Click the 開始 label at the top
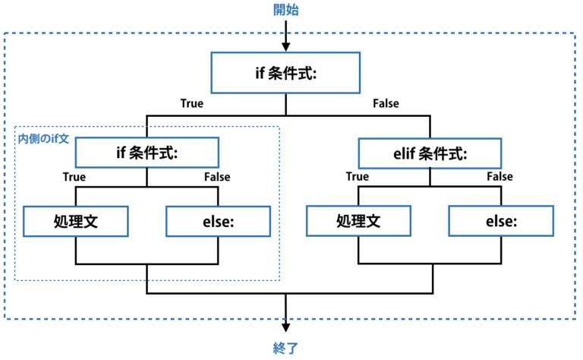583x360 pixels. tap(285, 10)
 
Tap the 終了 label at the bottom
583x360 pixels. tap(285, 348)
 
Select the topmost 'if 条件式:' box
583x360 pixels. tap(285, 72)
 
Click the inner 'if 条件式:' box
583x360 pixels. tap(147, 153)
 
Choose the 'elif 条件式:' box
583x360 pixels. tap(430, 153)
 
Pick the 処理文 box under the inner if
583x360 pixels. tap(76, 221)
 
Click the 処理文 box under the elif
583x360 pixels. tap(358, 221)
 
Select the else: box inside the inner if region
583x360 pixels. tap(219, 221)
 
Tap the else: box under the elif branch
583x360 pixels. tap(501, 221)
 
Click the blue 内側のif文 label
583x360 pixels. tap(43, 139)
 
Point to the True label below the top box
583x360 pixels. tap(192, 103)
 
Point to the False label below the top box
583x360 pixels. tap(386, 103)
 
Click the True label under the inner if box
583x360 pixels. tap(74, 177)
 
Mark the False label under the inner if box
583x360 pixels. tap(217, 177)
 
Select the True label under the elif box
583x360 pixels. tap(358, 176)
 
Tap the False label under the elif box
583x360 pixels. tap(500, 176)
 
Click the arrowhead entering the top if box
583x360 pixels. tap(285, 47)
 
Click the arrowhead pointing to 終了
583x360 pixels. tap(285, 327)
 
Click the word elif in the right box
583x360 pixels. tap(404, 153)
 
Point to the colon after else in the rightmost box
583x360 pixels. tap(515, 223)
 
